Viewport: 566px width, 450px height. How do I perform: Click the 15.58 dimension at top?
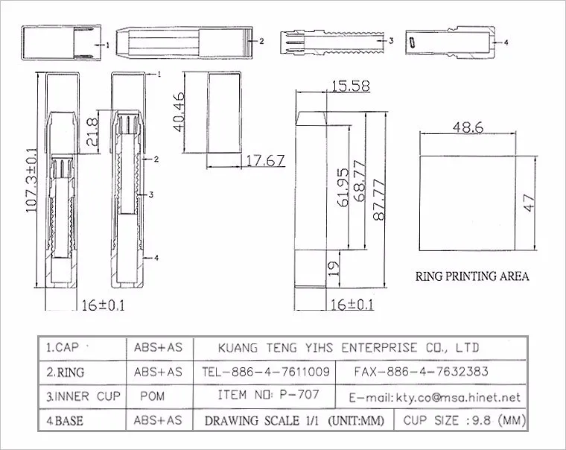[x=350, y=86]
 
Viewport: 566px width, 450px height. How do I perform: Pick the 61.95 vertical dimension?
[x=343, y=188]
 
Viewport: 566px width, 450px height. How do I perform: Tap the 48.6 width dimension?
[x=468, y=127]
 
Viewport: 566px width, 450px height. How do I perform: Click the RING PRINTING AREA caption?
[x=472, y=276]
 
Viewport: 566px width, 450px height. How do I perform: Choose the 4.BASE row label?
[x=65, y=421]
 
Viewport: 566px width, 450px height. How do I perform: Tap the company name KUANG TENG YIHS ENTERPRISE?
[x=349, y=347]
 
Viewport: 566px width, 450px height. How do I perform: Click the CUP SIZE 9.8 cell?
[x=464, y=420]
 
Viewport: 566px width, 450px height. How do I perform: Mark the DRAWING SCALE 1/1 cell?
[x=294, y=421]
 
